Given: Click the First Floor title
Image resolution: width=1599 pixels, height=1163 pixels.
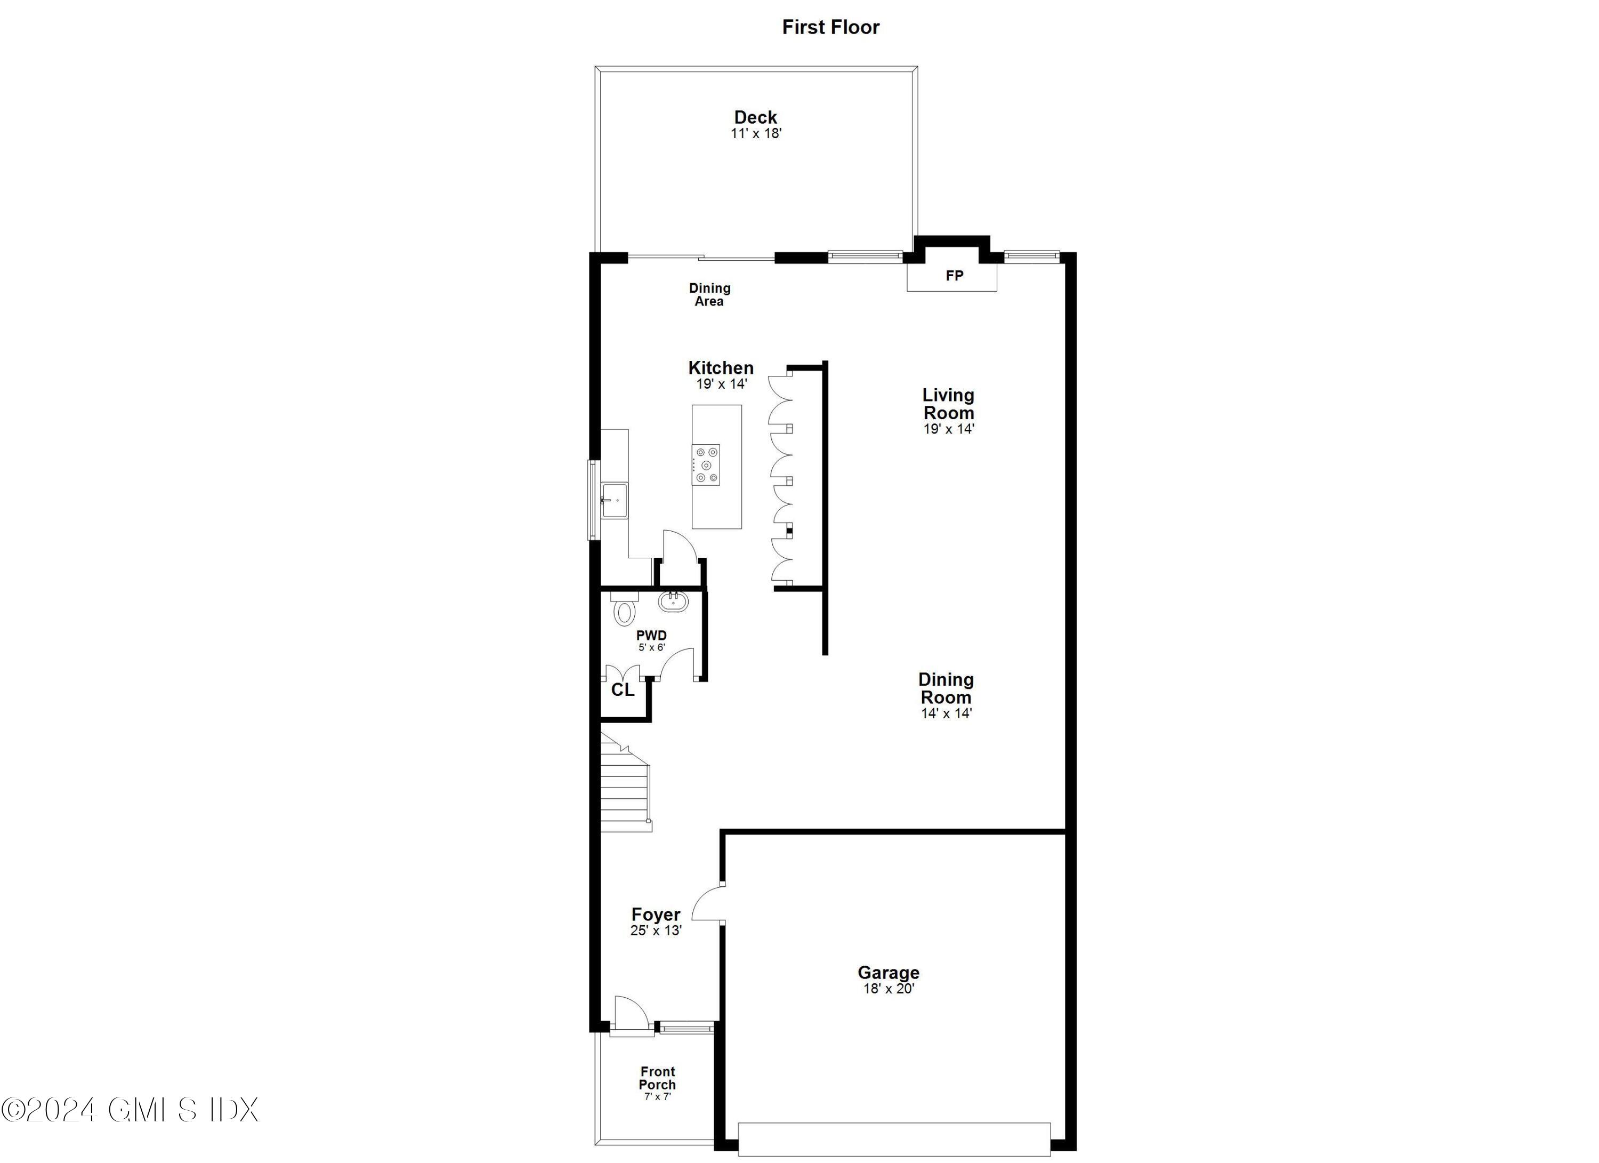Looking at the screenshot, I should point(830,27).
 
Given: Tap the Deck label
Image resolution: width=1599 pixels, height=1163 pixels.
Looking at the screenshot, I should point(755,117).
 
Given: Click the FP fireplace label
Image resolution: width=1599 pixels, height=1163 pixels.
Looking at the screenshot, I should point(954,276).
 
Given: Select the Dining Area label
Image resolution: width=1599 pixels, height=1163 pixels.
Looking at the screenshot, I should point(709,294).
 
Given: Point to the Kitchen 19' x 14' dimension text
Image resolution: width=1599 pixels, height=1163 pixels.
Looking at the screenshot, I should point(721,384).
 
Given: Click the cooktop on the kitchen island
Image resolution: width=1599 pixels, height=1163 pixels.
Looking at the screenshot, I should point(706,464).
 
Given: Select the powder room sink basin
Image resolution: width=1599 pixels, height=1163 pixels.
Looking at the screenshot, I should point(673,601).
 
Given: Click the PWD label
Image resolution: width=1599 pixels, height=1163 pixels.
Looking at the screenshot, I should point(651,636).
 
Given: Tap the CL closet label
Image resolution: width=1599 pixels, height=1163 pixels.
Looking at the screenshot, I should point(622,690).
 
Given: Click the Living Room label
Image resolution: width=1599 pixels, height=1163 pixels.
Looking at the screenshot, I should point(948,404).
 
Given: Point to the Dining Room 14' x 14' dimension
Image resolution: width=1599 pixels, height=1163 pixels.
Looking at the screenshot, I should point(946,713).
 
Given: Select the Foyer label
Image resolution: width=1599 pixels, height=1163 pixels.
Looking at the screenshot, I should point(656,914).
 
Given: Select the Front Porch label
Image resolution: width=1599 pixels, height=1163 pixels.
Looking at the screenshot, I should point(657,1078).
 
